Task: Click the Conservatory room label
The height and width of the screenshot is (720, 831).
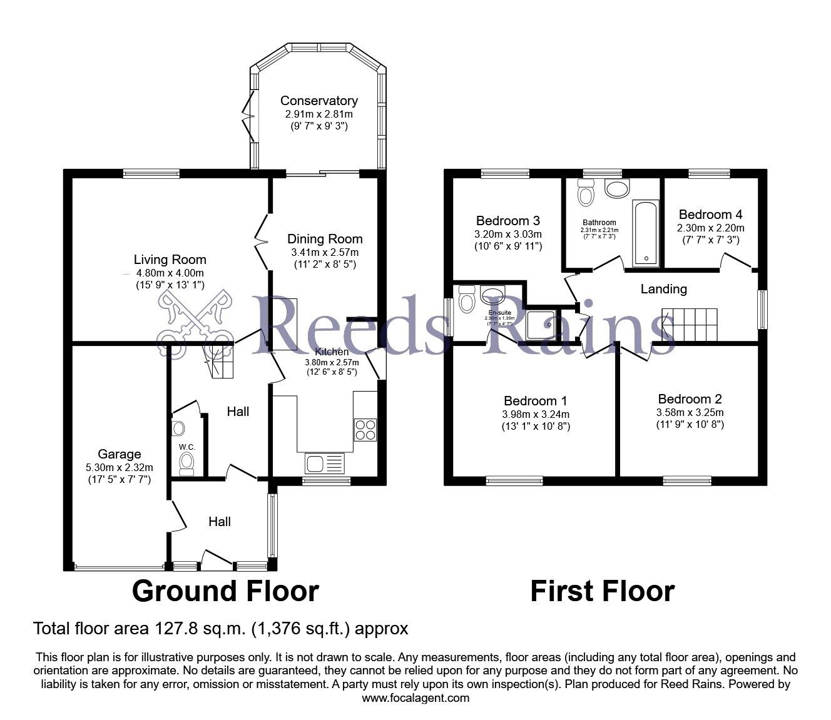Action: click(319, 101)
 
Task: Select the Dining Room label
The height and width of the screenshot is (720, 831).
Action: click(325, 239)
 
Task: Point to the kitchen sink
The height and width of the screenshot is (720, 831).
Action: click(324, 464)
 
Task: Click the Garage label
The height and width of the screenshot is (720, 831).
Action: click(119, 454)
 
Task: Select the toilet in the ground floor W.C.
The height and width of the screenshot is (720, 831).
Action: click(186, 464)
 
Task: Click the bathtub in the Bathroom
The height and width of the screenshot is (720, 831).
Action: click(645, 232)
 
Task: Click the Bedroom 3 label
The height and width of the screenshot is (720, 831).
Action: click(507, 221)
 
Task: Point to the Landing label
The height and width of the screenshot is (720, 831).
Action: click(663, 289)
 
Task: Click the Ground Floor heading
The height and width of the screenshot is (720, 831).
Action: click(225, 591)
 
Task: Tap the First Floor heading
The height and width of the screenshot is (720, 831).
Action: click(602, 591)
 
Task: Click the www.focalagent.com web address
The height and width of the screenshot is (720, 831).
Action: click(415, 697)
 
